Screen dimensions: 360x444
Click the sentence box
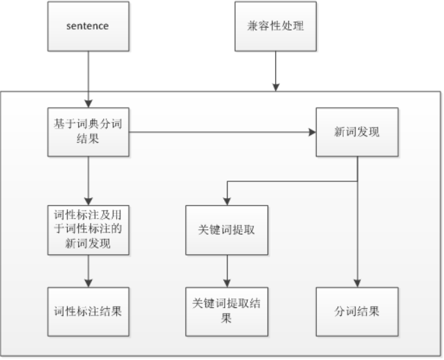click(x=88, y=26)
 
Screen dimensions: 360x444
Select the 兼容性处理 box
click(x=276, y=26)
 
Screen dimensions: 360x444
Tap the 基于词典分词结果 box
click(x=88, y=132)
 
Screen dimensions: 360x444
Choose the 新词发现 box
click(x=357, y=132)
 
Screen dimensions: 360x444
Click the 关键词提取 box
click(x=226, y=230)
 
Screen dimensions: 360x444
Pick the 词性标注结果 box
click(x=88, y=311)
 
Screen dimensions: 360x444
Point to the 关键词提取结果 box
click(x=226, y=311)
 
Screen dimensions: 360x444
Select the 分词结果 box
click(x=357, y=311)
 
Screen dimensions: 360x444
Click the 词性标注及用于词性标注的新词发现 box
click(x=88, y=230)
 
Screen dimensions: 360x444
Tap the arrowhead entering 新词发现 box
click(x=312, y=132)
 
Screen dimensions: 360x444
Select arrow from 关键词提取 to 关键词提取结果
click(x=226, y=271)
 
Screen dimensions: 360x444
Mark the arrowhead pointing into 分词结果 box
click(x=357, y=283)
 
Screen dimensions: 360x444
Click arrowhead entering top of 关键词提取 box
click(x=226, y=201)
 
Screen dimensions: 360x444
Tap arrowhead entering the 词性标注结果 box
click(x=88, y=283)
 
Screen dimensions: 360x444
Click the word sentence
click(x=88, y=26)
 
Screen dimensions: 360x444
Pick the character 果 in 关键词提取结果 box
click(x=226, y=318)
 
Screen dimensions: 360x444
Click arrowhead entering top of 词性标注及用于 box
click(x=88, y=201)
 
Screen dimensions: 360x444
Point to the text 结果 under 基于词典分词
click(x=88, y=138)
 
